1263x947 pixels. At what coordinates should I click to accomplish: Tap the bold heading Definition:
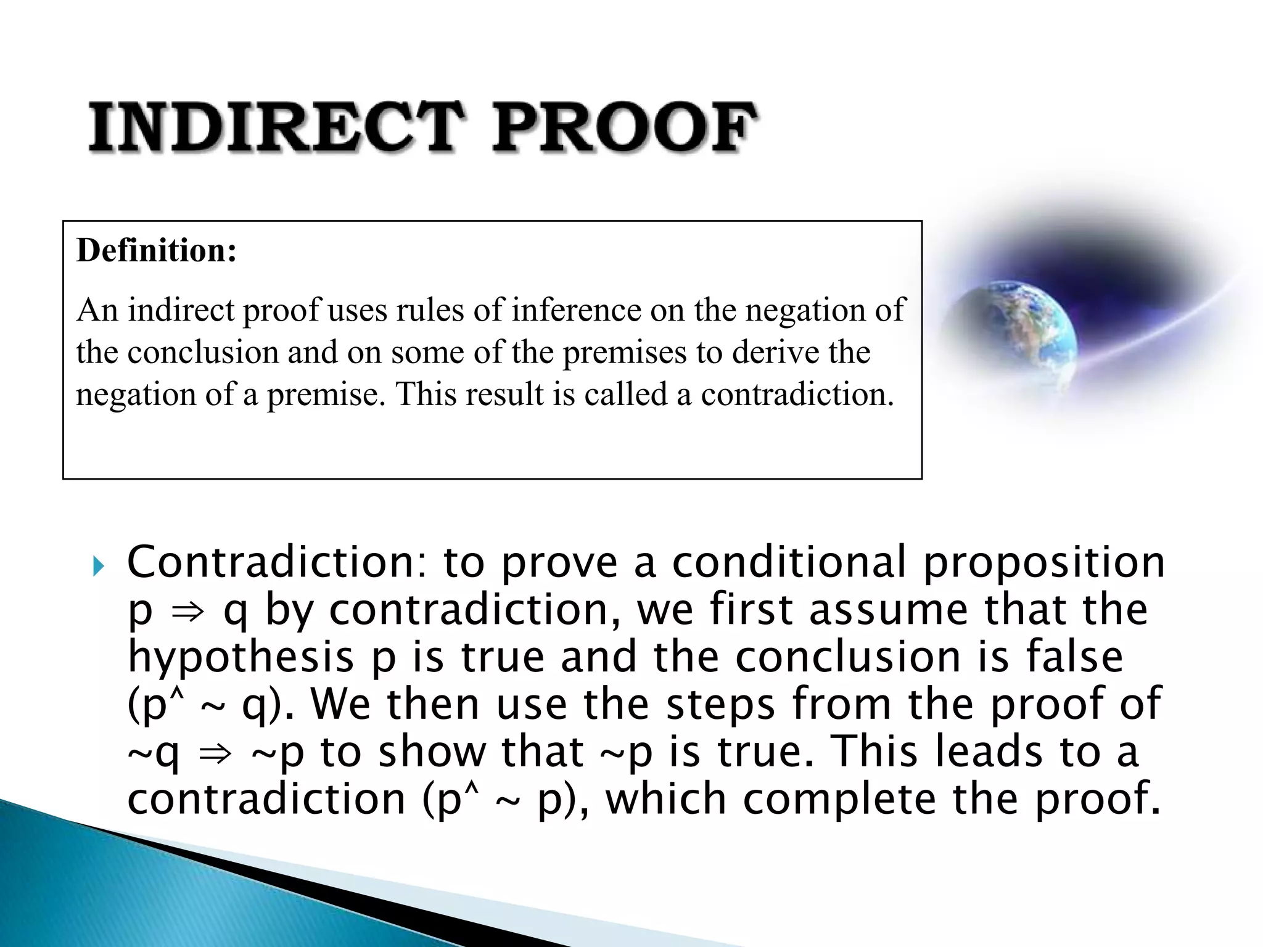(157, 251)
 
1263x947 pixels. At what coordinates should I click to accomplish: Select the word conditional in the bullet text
(789, 562)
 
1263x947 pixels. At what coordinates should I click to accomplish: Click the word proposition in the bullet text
(1044, 564)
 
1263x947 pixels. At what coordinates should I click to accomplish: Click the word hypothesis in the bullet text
(241, 658)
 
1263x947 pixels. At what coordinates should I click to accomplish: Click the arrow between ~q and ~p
(215, 753)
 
